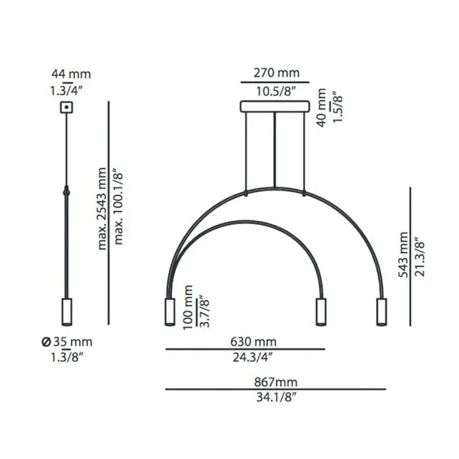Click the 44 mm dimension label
point(71,73)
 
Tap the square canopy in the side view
point(67,107)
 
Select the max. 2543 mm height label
point(102,208)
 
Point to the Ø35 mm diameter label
point(67,342)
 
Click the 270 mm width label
point(276,73)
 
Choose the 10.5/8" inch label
point(275,91)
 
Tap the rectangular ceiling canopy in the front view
point(275,106)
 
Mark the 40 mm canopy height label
point(321,107)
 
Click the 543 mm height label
point(403,255)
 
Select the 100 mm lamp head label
point(188,308)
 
